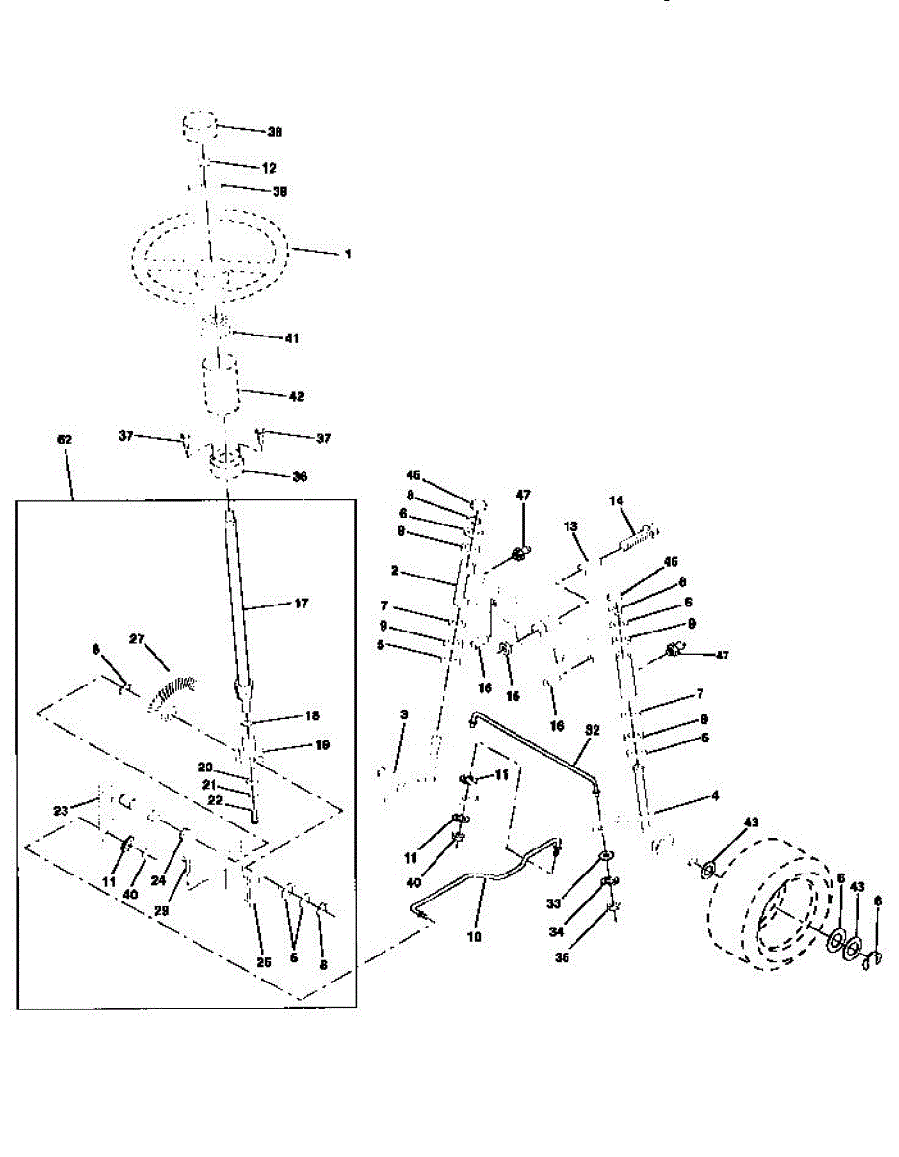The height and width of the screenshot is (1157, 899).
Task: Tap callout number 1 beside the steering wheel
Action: click(x=348, y=255)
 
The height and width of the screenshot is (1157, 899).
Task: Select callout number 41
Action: click(x=291, y=338)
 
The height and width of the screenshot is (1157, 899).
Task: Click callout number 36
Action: click(x=300, y=476)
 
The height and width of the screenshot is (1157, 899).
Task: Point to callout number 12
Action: click(x=269, y=168)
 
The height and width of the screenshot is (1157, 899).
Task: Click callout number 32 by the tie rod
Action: click(x=592, y=731)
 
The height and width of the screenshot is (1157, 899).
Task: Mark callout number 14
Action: click(x=618, y=500)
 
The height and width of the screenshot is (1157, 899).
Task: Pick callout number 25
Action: click(x=262, y=961)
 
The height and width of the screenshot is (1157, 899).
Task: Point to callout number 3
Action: click(x=404, y=714)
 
